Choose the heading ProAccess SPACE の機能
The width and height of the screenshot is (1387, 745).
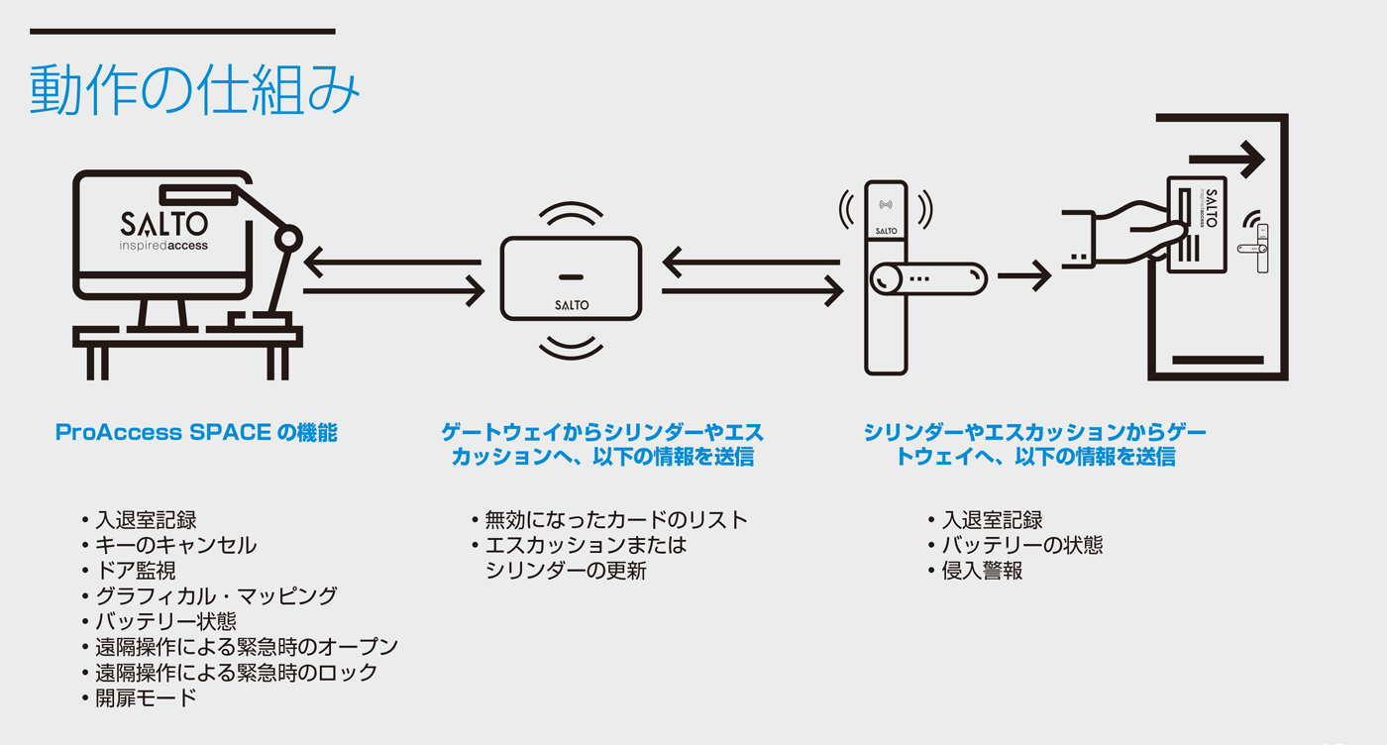[196, 433]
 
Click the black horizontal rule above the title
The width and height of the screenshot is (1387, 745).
[182, 32]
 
